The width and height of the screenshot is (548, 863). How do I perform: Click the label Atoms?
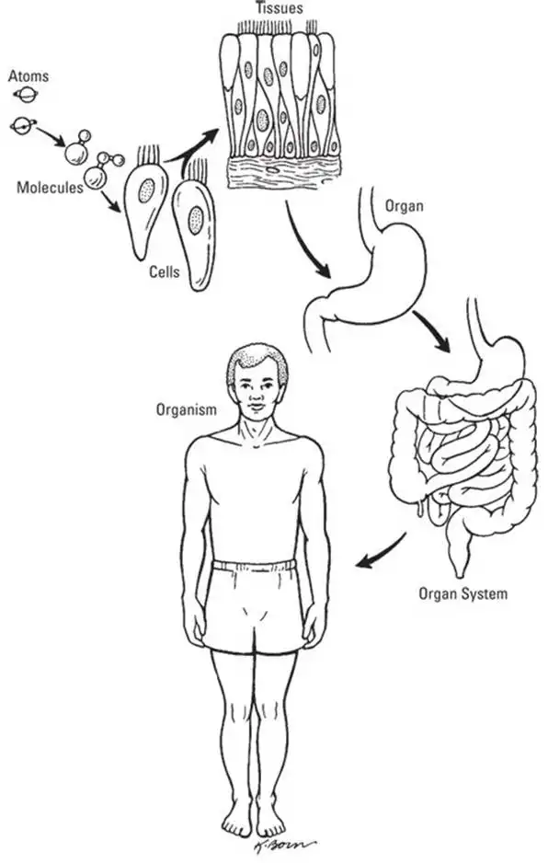tap(29, 76)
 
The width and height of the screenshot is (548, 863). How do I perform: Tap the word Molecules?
tap(50, 188)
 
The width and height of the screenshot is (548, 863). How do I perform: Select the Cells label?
tap(165, 271)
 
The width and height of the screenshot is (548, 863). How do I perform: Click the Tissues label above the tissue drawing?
tap(279, 7)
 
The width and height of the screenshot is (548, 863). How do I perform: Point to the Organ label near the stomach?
tap(405, 206)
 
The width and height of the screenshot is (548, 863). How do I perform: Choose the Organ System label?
tap(462, 593)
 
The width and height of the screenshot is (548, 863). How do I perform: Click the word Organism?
tap(187, 410)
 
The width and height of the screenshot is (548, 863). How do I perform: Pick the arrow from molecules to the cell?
tap(111, 202)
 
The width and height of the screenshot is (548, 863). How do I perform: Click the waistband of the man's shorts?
tap(254, 565)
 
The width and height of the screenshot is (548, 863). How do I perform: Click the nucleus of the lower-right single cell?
tap(195, 220)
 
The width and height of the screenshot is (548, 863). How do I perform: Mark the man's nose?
tap(256, 395)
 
